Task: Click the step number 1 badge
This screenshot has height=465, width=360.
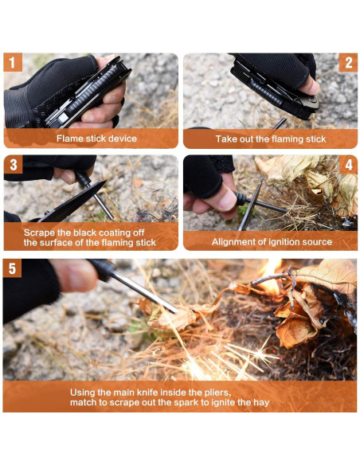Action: click(x=13, y=62)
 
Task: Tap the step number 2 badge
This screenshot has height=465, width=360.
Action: click(x=348, y=62)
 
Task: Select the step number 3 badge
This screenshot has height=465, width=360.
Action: click(x=13, y=164)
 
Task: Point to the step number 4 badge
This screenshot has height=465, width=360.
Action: click(x=348, y=164)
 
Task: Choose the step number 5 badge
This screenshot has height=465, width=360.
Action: click(x=12, y=268)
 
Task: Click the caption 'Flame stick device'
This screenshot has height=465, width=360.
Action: click(x=96, y=139)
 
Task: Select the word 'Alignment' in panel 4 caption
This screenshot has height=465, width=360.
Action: click(x=233, y=242)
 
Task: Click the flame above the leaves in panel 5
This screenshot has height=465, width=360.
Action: click(x=271, y=276)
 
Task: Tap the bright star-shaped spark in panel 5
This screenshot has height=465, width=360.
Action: click(x=259, y=353)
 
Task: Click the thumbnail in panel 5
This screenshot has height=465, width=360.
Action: click(x=79, y=277)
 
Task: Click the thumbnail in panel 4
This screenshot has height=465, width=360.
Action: click(x=228, y=201)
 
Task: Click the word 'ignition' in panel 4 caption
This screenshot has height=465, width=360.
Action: click(x=283, y=242)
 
